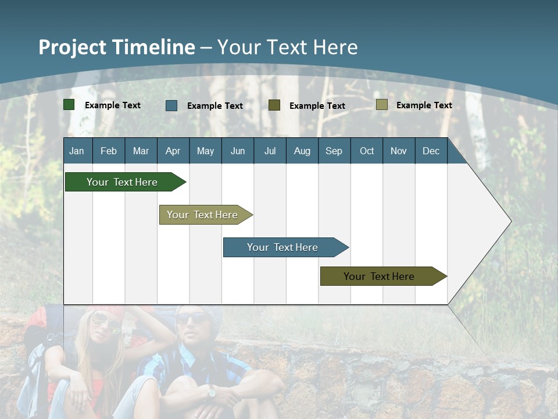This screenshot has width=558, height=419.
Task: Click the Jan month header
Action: pyautogui.click(x=77, y=151)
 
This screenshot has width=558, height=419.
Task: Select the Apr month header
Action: pyautogui.click(x=173, y=151)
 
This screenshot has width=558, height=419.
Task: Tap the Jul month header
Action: pyautogui.click(x=270, y=151)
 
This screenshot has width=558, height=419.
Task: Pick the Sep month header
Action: pyautogui.click(x=334, y=151)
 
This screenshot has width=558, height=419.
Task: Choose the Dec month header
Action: pyautogui.click(x=431, y=151)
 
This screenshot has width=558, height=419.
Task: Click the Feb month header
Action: pyautogui.click(x=109, y=151)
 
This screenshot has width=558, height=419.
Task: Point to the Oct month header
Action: pyautogui.click(x=367, y=151)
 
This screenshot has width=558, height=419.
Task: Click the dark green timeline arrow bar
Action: pyautogui.click(x=122, y=182)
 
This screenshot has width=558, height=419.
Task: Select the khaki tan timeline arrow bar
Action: pyautogui.click(x=203, y=215)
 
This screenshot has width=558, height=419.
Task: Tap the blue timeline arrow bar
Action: pyautogui.click(x=283, y=247)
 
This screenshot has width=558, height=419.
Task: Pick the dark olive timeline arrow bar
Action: pyautogui.click(x=380, y=276)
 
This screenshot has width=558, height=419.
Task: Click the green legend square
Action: pyautogui.click(x=69, y=105)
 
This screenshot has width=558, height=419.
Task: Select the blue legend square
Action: pyautogui.click(x=171, y=105)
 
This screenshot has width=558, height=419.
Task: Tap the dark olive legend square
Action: pyautogui.click(x=274, y=105)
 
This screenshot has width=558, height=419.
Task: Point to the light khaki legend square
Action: pyautogui.click(x=382, y=105)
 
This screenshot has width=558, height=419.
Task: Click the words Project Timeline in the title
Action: pyautogui.click(x=117, y=47)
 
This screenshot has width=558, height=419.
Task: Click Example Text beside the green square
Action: pyautogui.click(x=113, y=105)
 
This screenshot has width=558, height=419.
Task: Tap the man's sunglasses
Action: pyautogui.click(x=191, y=318)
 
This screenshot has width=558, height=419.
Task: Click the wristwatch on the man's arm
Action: pyautogui.click(x=211, y=392)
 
